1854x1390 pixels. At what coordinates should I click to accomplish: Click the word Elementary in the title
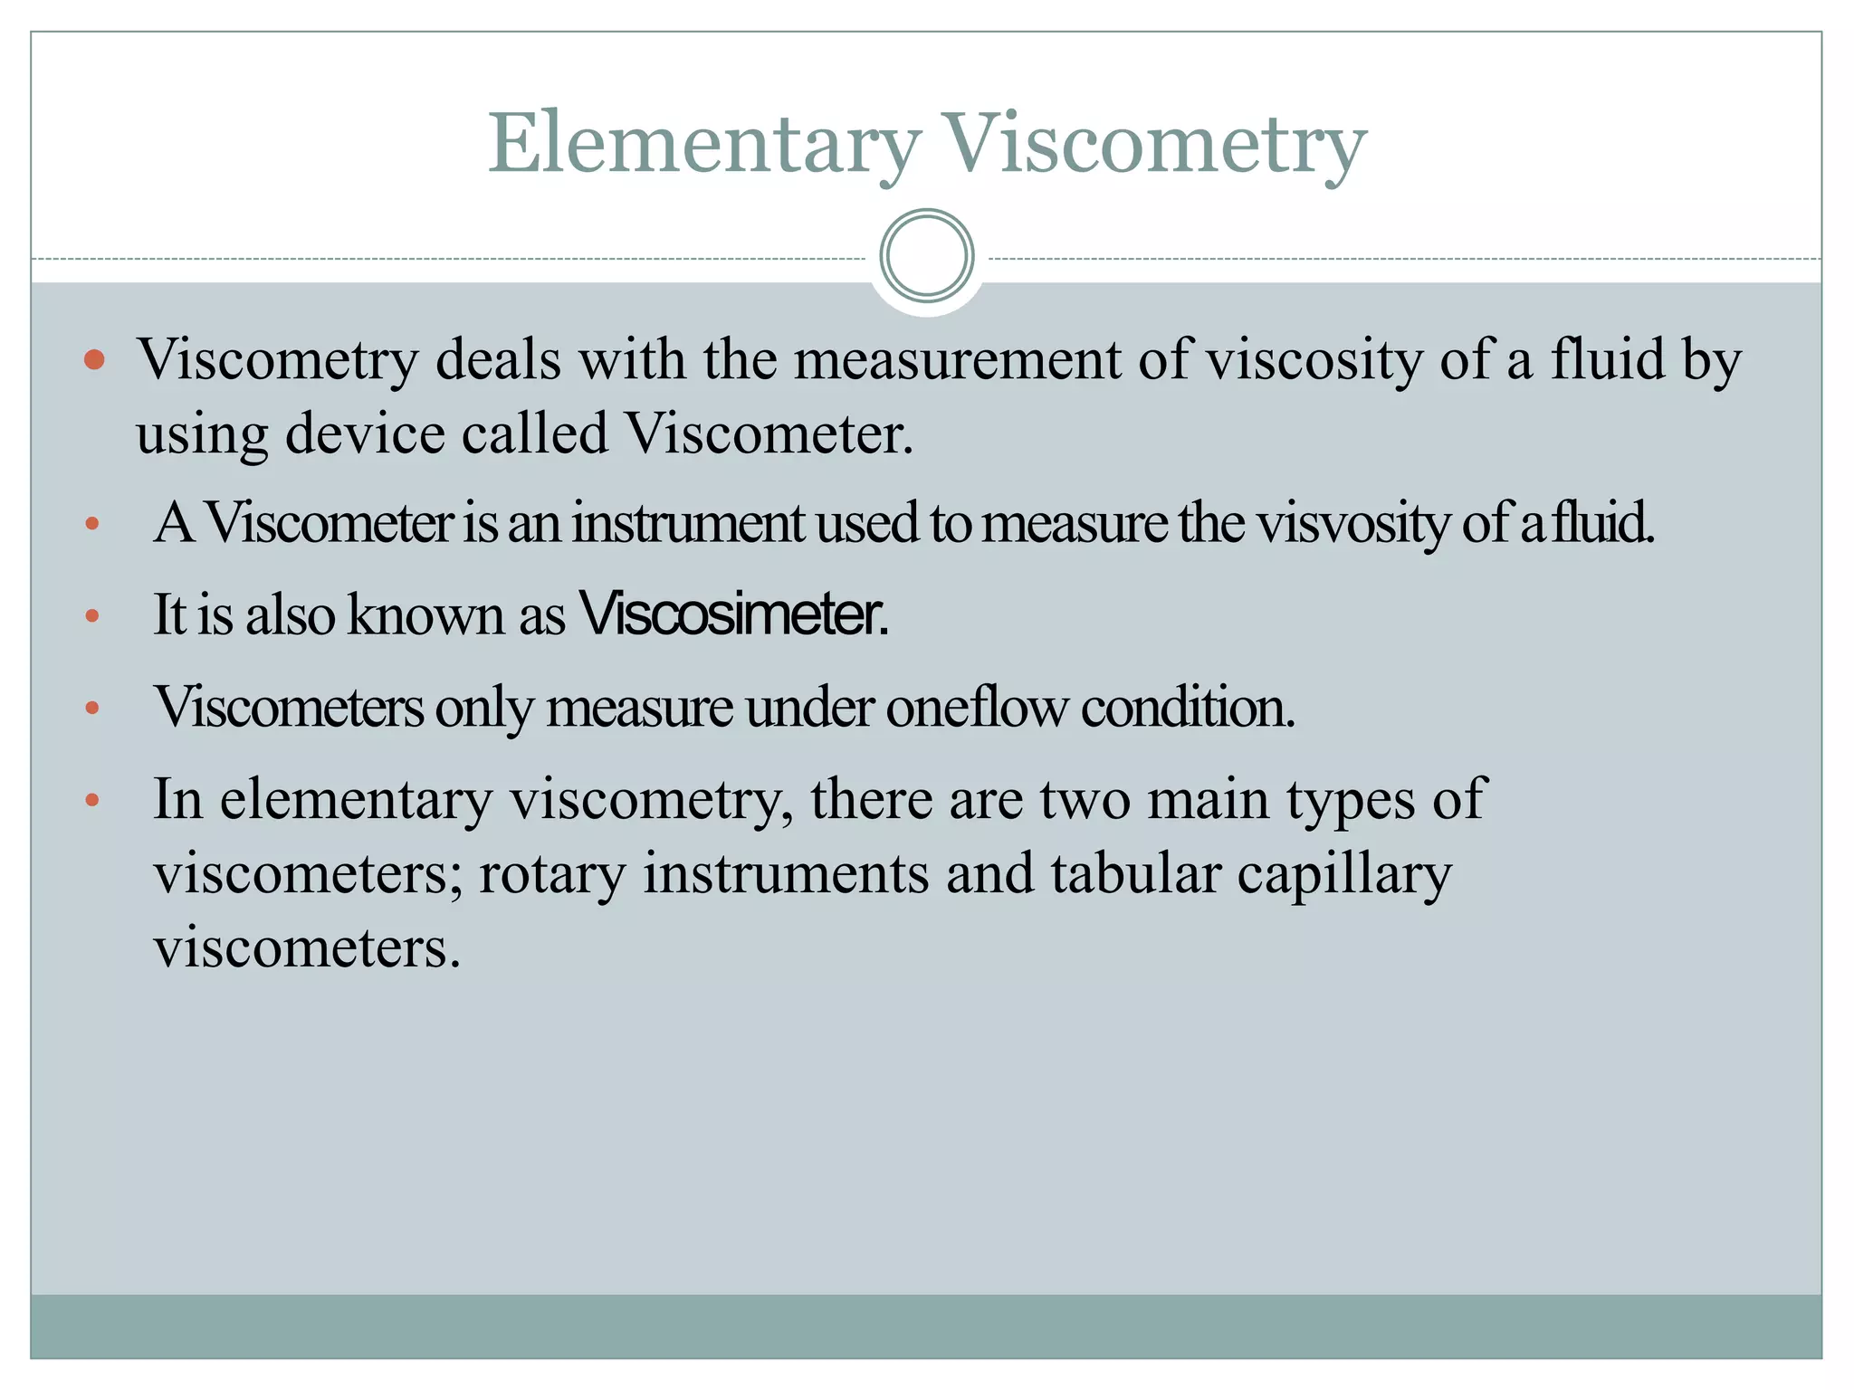coord(703,145)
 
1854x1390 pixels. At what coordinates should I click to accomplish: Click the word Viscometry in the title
coord(1153,145)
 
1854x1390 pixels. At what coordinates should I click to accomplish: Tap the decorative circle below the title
coord(927,256)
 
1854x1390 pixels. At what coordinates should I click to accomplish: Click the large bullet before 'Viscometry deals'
coord(94,360)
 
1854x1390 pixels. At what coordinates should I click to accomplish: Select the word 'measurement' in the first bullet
coord(958,360)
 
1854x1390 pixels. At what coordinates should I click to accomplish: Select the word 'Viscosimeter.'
coord(733,614)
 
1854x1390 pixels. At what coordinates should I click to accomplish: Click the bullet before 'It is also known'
coord(91,616)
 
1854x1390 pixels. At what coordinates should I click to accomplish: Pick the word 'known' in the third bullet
coord(426,614)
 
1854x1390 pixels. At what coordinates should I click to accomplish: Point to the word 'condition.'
coord(1188,707)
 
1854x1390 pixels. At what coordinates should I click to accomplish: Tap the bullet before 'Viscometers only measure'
coord(91,708)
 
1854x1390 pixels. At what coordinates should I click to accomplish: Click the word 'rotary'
coord(551,874)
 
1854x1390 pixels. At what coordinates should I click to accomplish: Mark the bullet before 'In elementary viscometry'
coord(91,800)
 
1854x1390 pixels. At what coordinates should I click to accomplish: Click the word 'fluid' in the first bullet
coord(1608,360)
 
